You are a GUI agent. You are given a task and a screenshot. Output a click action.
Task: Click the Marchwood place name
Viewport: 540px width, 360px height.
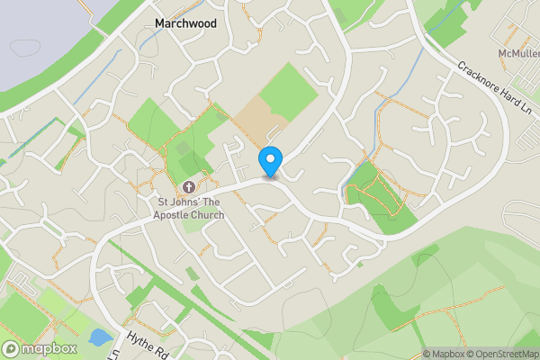click(185, 22)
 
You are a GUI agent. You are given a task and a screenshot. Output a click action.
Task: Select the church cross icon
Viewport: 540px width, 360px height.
click(189, 187)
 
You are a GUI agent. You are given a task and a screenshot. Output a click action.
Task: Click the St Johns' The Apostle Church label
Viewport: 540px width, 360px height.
click(187, 208)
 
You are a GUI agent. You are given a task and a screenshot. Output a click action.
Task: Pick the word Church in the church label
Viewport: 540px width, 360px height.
click(207, 215)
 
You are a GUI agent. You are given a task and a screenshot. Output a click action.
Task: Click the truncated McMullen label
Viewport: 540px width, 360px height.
click(517, 54)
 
